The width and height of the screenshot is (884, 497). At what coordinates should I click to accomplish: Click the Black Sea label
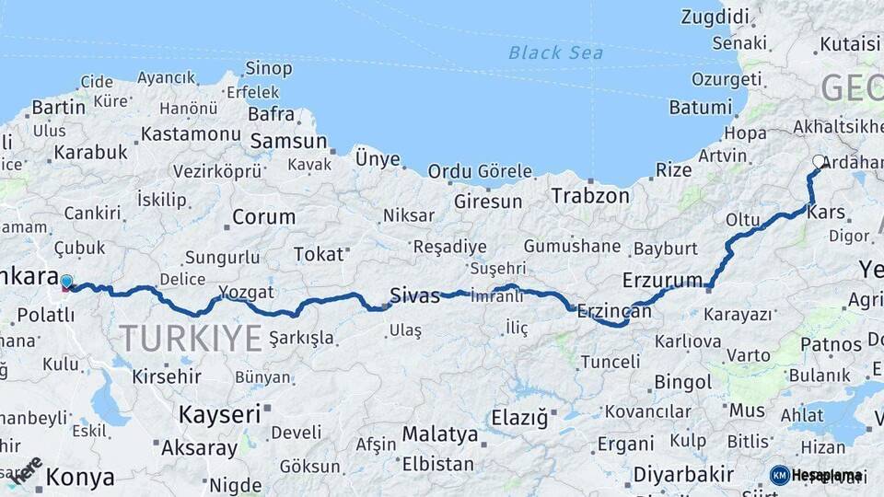pos(555,52)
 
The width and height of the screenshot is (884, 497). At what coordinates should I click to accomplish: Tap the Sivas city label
pos(414,295)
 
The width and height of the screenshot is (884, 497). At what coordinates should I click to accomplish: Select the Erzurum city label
pos(662,279)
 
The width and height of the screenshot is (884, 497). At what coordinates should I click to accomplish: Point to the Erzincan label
pos(614,312)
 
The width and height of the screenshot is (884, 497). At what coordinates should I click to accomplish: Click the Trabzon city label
pos(590,196)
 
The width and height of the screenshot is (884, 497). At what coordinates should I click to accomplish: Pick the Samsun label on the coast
pos(288,142)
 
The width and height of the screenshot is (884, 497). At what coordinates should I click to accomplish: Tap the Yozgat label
pos(246,293)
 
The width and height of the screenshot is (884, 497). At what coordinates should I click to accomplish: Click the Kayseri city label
pos(219,414)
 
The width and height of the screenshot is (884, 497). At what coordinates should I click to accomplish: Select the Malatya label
pos(440,434)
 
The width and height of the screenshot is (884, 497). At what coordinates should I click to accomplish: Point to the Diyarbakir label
pos(684,476)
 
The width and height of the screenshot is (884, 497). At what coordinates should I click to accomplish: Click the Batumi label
pos(700,108)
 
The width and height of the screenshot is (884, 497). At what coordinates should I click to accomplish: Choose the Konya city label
pos(80,478)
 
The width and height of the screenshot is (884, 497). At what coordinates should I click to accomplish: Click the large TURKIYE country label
pos(190,339)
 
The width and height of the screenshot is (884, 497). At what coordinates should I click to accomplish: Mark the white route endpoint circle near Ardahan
pos(819,162)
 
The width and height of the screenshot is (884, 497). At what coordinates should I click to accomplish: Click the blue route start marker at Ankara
pos(66,281)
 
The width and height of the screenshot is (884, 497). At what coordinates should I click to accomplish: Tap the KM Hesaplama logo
pos(816,475)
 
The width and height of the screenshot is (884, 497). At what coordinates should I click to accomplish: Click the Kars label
pos(825,213)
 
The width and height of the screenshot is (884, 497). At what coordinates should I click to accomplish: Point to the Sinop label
pos(269,68)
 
